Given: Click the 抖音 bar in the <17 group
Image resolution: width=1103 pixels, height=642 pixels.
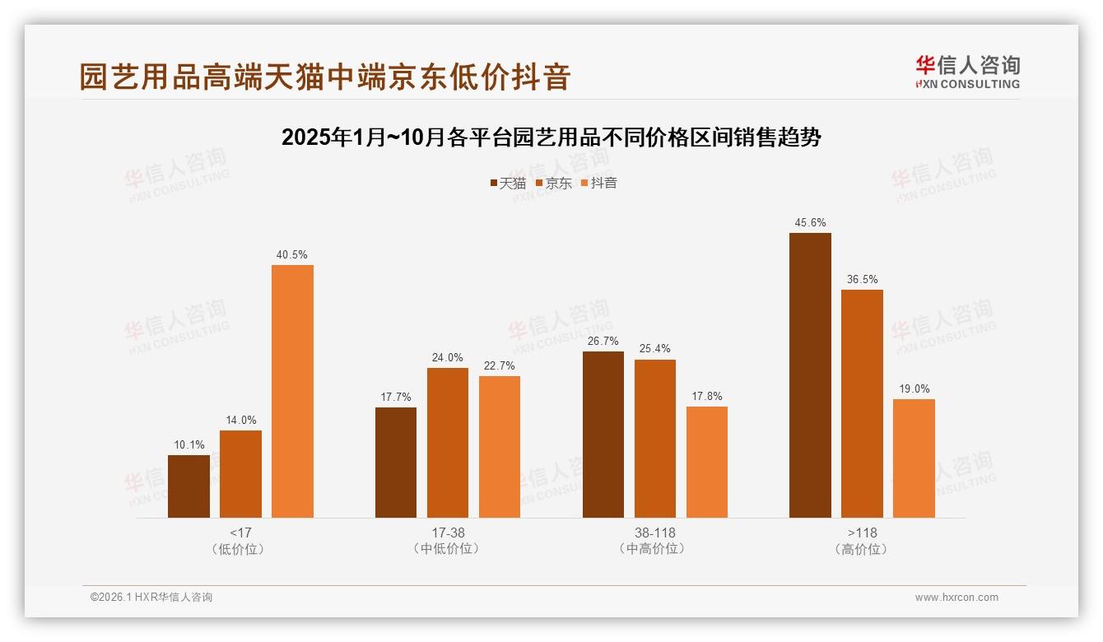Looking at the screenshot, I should pyautogui.click(x=292, y=391).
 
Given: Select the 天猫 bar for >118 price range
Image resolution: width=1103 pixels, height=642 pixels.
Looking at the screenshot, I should pyautogui.click(x=810, y=375).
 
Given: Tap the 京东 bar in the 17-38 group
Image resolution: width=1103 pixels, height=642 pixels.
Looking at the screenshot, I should pyautogui.click(x=448, y=443).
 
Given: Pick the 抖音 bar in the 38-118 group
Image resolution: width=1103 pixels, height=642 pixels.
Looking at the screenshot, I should pyautogui.click(x=706, y=462).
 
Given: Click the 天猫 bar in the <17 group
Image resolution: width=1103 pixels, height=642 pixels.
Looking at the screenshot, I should pyautogui.click(x=188, y=486).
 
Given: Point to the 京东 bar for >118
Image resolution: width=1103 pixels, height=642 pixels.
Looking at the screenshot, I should pyautogui.click(x=862, y=403).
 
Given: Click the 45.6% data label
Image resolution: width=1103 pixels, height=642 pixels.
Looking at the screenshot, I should pyautogui.click(x=810, y=223).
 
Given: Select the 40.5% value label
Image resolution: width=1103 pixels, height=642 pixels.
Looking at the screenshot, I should pyautogui.click(x=292, y=255).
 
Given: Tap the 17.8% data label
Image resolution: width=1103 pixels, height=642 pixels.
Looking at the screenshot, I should pyautogui.click(x=706, y=397).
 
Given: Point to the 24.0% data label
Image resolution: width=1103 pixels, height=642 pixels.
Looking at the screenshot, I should pyautogui.click(x=448, y=358).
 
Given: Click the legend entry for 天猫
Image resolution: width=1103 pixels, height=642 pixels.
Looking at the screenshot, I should pyautogui.click(x=508, y=183).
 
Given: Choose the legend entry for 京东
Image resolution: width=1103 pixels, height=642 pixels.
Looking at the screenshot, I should pyautogui.click(x=554, y=183).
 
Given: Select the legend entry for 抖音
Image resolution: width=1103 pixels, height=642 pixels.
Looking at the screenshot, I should pyautogui.click(x=599, y=183).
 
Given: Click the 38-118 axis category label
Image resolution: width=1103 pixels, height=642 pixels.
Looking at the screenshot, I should pyautogui.click(x=654, y=533).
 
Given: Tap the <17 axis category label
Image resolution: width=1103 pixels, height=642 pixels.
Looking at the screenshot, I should pyautogui.click(x=240, y=533).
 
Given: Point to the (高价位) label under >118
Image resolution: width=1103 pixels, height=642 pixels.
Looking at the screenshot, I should pyautogui.click(x=862, y=549).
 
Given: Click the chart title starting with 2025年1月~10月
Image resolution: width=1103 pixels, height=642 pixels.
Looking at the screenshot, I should pyautogui.click(x=551, y=137).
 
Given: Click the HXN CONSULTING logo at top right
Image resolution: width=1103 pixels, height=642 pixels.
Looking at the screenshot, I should pyautogui.click(x=967, y=72).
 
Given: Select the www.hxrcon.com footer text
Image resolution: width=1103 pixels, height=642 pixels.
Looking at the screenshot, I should pyautogui.click(x=956, y=598).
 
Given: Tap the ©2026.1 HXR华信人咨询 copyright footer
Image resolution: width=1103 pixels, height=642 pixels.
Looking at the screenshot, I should pyautogui.click(x=151, y=598).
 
